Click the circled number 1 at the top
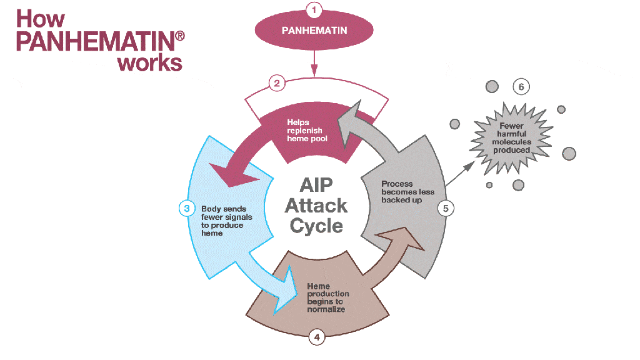314,9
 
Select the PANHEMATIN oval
314,30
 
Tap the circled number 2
277,83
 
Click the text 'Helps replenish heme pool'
307,130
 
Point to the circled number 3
186,208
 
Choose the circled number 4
317,337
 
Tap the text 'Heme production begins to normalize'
328,297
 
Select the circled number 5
446,208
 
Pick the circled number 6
521,87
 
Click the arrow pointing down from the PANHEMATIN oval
314,62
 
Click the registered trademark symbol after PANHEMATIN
180,37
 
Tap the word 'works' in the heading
150,62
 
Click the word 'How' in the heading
41,19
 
